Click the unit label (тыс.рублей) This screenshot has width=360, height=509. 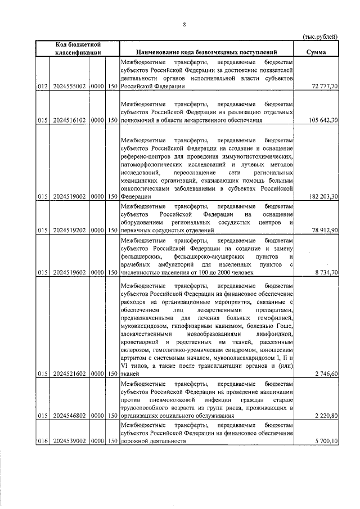pos(320,37)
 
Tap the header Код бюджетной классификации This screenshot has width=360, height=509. pos(78,48)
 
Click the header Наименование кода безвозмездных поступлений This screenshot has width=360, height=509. pos(207,52)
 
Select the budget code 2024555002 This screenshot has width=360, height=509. pos(69,88)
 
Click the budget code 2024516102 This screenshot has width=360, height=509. pos(69,120)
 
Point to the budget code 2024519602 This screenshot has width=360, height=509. pos(69,272)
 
